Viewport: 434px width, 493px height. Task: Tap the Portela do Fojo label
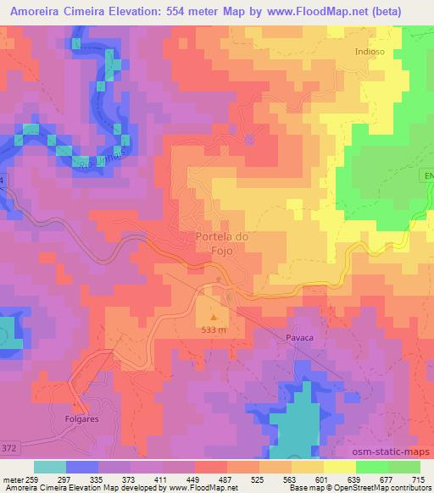(221, 244)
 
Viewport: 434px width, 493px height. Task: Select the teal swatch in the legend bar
(50, 467)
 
